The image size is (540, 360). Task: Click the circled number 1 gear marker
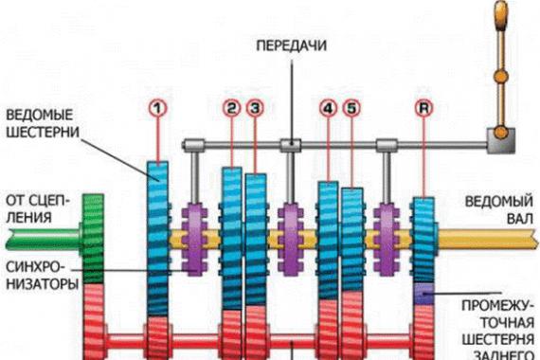coord(157,108)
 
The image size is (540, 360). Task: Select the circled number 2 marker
coord(232,108)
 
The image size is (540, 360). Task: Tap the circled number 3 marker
coord(255,108)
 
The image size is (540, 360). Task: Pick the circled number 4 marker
coord(328,108)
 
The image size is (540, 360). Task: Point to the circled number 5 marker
coord(351,108)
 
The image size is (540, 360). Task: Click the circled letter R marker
coord(423,108)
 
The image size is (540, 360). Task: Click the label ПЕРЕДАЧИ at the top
coord(292,45)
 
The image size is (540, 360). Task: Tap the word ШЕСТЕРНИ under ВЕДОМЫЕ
coord(43,132)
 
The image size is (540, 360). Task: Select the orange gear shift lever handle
coord(501,16)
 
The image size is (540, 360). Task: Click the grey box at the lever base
coord(501,140)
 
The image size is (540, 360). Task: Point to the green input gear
coord(93,239)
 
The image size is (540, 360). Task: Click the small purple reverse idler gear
coord(423,294)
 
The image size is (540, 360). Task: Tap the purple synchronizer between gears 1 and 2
coord(194,239)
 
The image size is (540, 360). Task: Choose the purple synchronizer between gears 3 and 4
coord(291,239)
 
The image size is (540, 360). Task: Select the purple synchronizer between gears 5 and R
coord(387,239)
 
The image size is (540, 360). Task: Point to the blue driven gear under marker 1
coord(157,239)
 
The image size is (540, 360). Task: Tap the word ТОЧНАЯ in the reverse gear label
coord(507,323)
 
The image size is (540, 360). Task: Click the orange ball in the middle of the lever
coord(501,76)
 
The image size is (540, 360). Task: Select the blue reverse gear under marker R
coord(423,240)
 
